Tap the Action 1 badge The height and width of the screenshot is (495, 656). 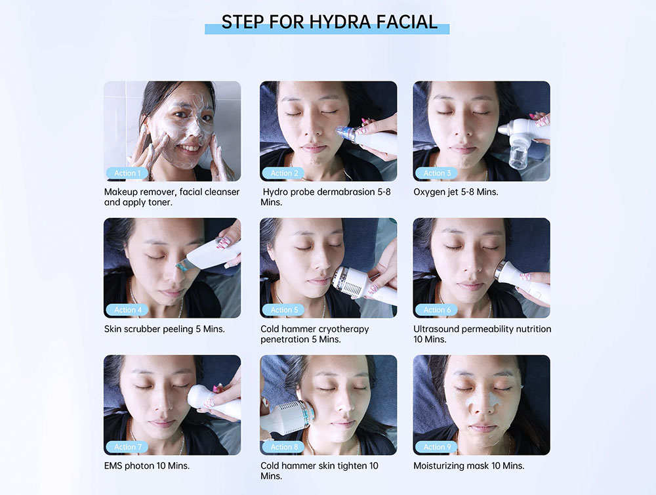(127, 173)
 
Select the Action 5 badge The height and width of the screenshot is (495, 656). (283, 310)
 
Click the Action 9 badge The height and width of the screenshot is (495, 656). (437, 447)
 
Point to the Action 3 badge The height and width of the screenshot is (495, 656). (437, 173)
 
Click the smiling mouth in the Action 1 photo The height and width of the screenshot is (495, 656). (189, 148)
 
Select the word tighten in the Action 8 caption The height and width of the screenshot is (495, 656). (350, 466)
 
